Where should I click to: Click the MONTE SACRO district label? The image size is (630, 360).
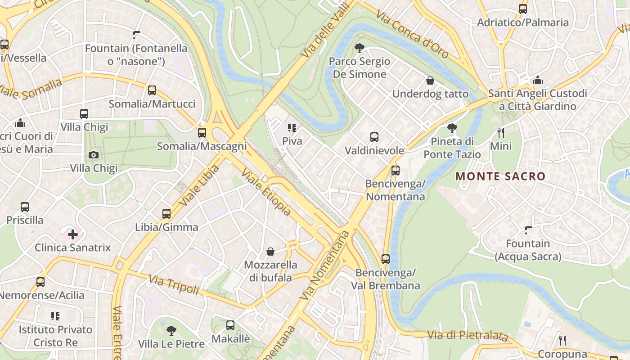click(x=500, y=176)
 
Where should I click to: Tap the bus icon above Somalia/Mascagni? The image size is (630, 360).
click(x=202, y=133)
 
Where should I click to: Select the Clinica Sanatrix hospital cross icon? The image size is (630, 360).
click(x=73, y=234)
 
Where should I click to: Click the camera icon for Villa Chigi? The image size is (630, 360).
click(x=94, y=155)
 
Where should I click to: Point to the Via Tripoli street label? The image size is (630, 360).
click(x=174, y=285)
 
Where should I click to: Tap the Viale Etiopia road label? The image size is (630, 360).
click(x=266, y=192)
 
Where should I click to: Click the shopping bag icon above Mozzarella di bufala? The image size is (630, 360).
click(x=270, y=251)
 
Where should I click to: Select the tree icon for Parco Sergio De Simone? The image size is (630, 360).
click(x=359, y=48)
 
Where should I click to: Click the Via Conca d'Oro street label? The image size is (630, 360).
click(x=413, y=35)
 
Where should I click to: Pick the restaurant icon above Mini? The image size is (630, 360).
click(x=500, y=133)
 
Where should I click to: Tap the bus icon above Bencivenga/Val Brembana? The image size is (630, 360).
click(x=386, y=259)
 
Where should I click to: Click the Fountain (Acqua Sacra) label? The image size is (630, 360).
click(x=528, y=250)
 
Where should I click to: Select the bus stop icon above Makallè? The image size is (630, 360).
click(x=230, y=325)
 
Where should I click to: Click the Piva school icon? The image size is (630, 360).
click(x=292, y=128)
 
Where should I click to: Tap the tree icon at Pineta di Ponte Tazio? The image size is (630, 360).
click(x=452, y=128)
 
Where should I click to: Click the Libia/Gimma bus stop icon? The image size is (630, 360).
click(x=166, y=214)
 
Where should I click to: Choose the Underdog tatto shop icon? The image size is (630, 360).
click(x=430, y=81)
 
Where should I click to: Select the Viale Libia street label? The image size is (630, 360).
click(x=199, y=185)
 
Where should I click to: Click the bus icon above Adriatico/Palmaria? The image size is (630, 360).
click(x=523, y=9)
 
